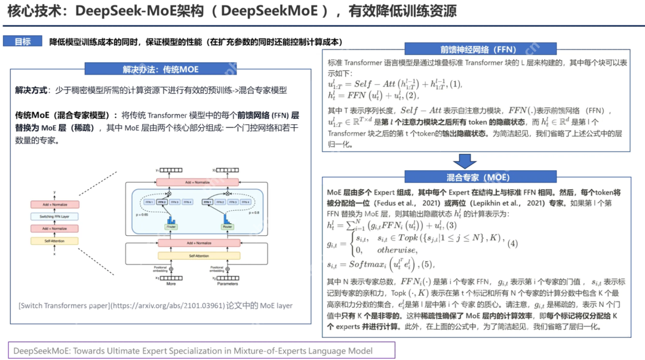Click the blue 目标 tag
[x=22, y=42]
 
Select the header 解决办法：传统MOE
[x=161, y=69]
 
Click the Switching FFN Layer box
[x=54, y=217]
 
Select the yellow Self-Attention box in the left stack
[x=54, y=241]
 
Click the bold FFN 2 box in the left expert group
[x=162, y=202]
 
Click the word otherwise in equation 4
[x=396, y=250]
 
